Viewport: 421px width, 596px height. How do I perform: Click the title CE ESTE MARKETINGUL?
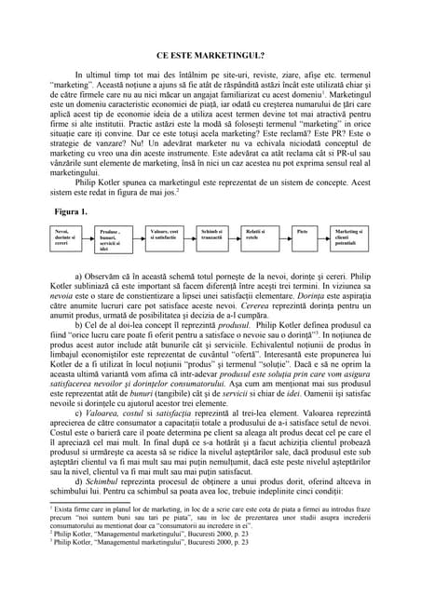click(210, 54)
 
